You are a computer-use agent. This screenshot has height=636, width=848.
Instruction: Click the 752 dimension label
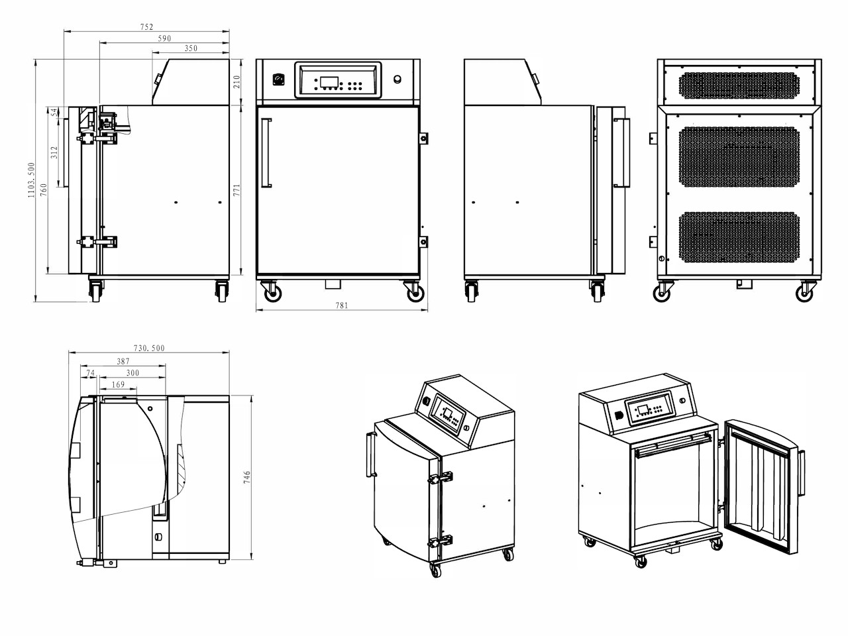[147, 26]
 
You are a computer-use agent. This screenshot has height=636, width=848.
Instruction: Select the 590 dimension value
[164, 38]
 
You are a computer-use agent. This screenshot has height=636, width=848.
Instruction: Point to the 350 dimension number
[191, 48]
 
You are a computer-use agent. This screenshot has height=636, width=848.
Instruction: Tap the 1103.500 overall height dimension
[31, 180]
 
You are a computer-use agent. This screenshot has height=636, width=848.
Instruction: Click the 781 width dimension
[342, 305]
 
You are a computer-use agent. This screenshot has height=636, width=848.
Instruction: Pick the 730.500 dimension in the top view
[149, 348]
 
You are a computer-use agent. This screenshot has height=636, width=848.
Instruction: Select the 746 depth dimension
[247, 477]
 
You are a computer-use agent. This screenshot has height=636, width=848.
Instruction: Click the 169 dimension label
[118, 384]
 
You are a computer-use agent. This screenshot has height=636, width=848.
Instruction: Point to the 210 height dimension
[237, 82]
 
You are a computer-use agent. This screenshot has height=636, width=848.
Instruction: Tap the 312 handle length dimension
[54, 152]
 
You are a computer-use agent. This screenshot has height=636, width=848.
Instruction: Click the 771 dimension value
[237, 190]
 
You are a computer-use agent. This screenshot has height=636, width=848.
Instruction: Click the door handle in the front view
[266, 153]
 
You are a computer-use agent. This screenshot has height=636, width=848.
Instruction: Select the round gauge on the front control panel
[278, 79]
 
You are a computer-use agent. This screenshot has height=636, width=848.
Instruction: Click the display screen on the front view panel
[329, 82]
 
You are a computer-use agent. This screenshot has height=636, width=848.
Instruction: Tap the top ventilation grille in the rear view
[739, 85]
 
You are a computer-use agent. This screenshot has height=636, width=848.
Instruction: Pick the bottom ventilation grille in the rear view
[739, 237]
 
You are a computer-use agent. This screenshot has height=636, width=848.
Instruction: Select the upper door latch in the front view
[423, 138]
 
